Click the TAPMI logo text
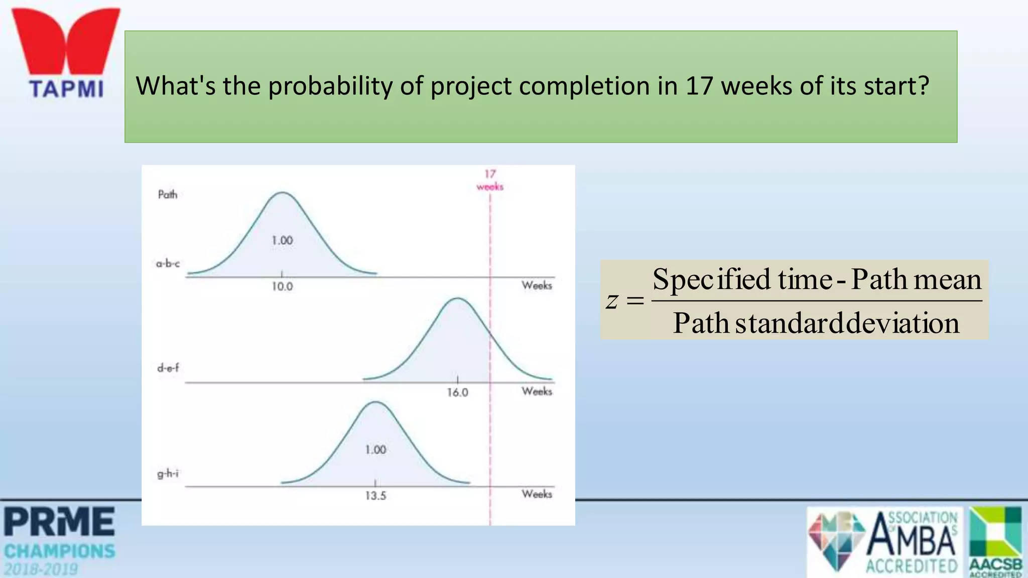pyautogui.click(x=66, y=89)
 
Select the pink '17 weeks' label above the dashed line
pyautogui.click(x=490, y=180)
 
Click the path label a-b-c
pyautogui.click(x=168, y=263)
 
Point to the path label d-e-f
pyautogui.click(x=168, y=368)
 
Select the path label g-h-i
pyautogui.click(x=168, y=473)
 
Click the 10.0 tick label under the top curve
pyautogui.click(x=282, y=286)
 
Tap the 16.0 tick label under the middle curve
pyautogui.click(x=457, y=392)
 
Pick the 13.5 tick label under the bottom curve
pyautogui.click(x=375, y=496)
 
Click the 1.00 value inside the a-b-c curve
pyautogui.click(x=282, y=240)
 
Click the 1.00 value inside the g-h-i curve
pyautogui.click(x=375, y=450)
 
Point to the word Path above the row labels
pyautogui.click(x=168, y=195)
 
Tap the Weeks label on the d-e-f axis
pyautogui.click(x=537, y=391)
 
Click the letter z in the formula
pyautogui.click(x=611, y=301)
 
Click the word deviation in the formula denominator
pyautogui.click(x=903, y=323)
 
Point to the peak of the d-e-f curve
pyautogui.click(x=458, y=299)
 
